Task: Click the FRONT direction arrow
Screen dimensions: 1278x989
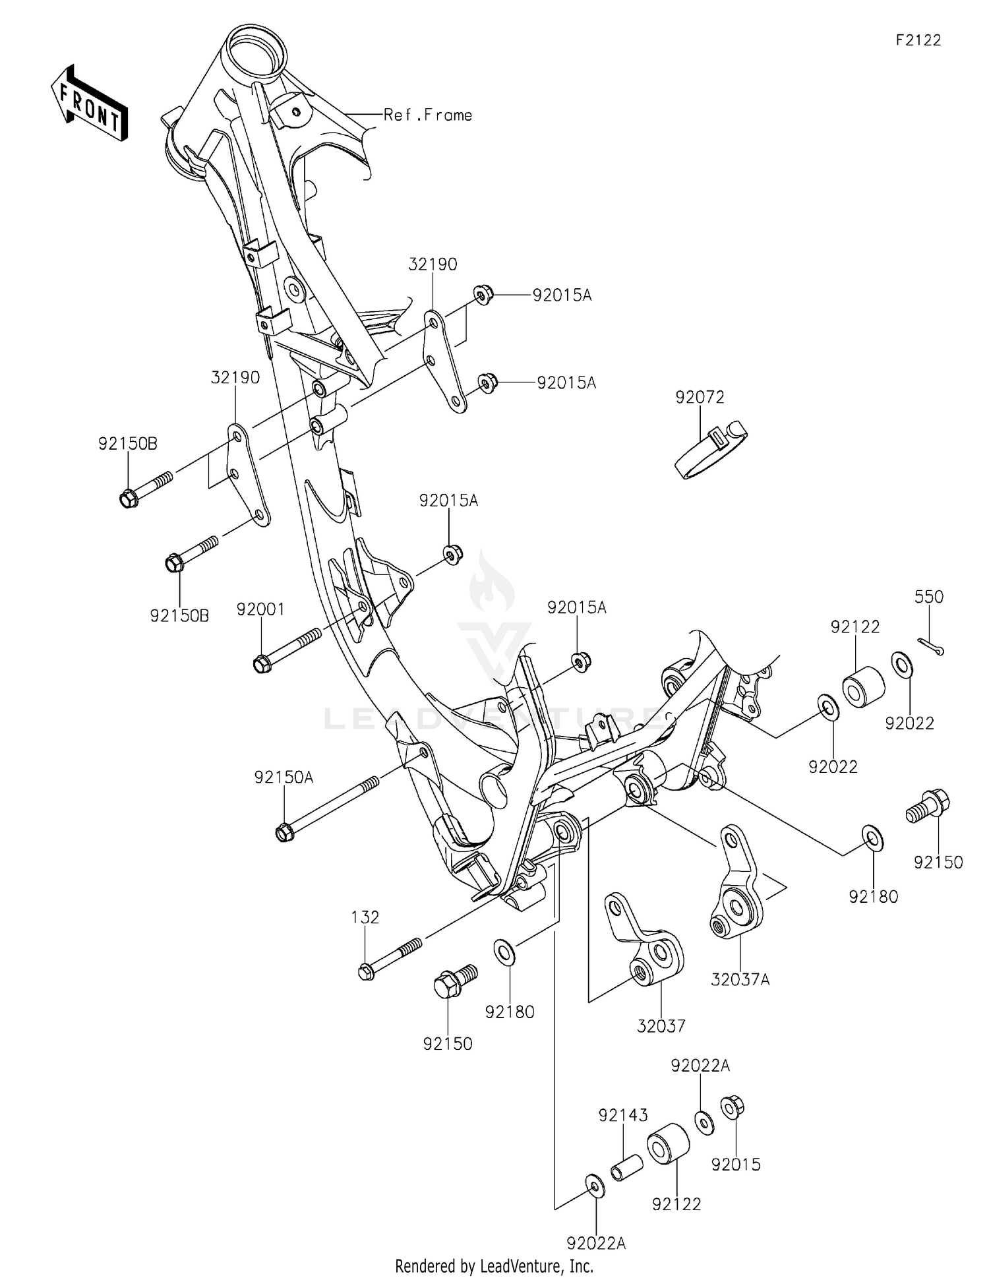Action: coord(89,104)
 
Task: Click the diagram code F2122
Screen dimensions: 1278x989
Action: coord(918,40)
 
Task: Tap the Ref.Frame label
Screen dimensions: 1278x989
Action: coord(428,115)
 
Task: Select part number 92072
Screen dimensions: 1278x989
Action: coord(700,397)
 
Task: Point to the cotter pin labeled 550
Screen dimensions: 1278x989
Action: coord(930,646)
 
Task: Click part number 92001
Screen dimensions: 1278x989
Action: coord(261,609)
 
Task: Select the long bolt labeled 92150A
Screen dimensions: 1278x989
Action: coord(328,808)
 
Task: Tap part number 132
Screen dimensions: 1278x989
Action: coord(365,917)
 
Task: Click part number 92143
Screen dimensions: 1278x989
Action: coord(623,1115)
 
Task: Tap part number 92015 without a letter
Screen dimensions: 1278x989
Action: coord(736,1165)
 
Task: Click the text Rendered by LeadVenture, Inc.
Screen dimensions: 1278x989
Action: coord(494,1266)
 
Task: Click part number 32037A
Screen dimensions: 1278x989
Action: coord(740,980)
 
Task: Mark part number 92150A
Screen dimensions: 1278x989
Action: coord(284,778)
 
